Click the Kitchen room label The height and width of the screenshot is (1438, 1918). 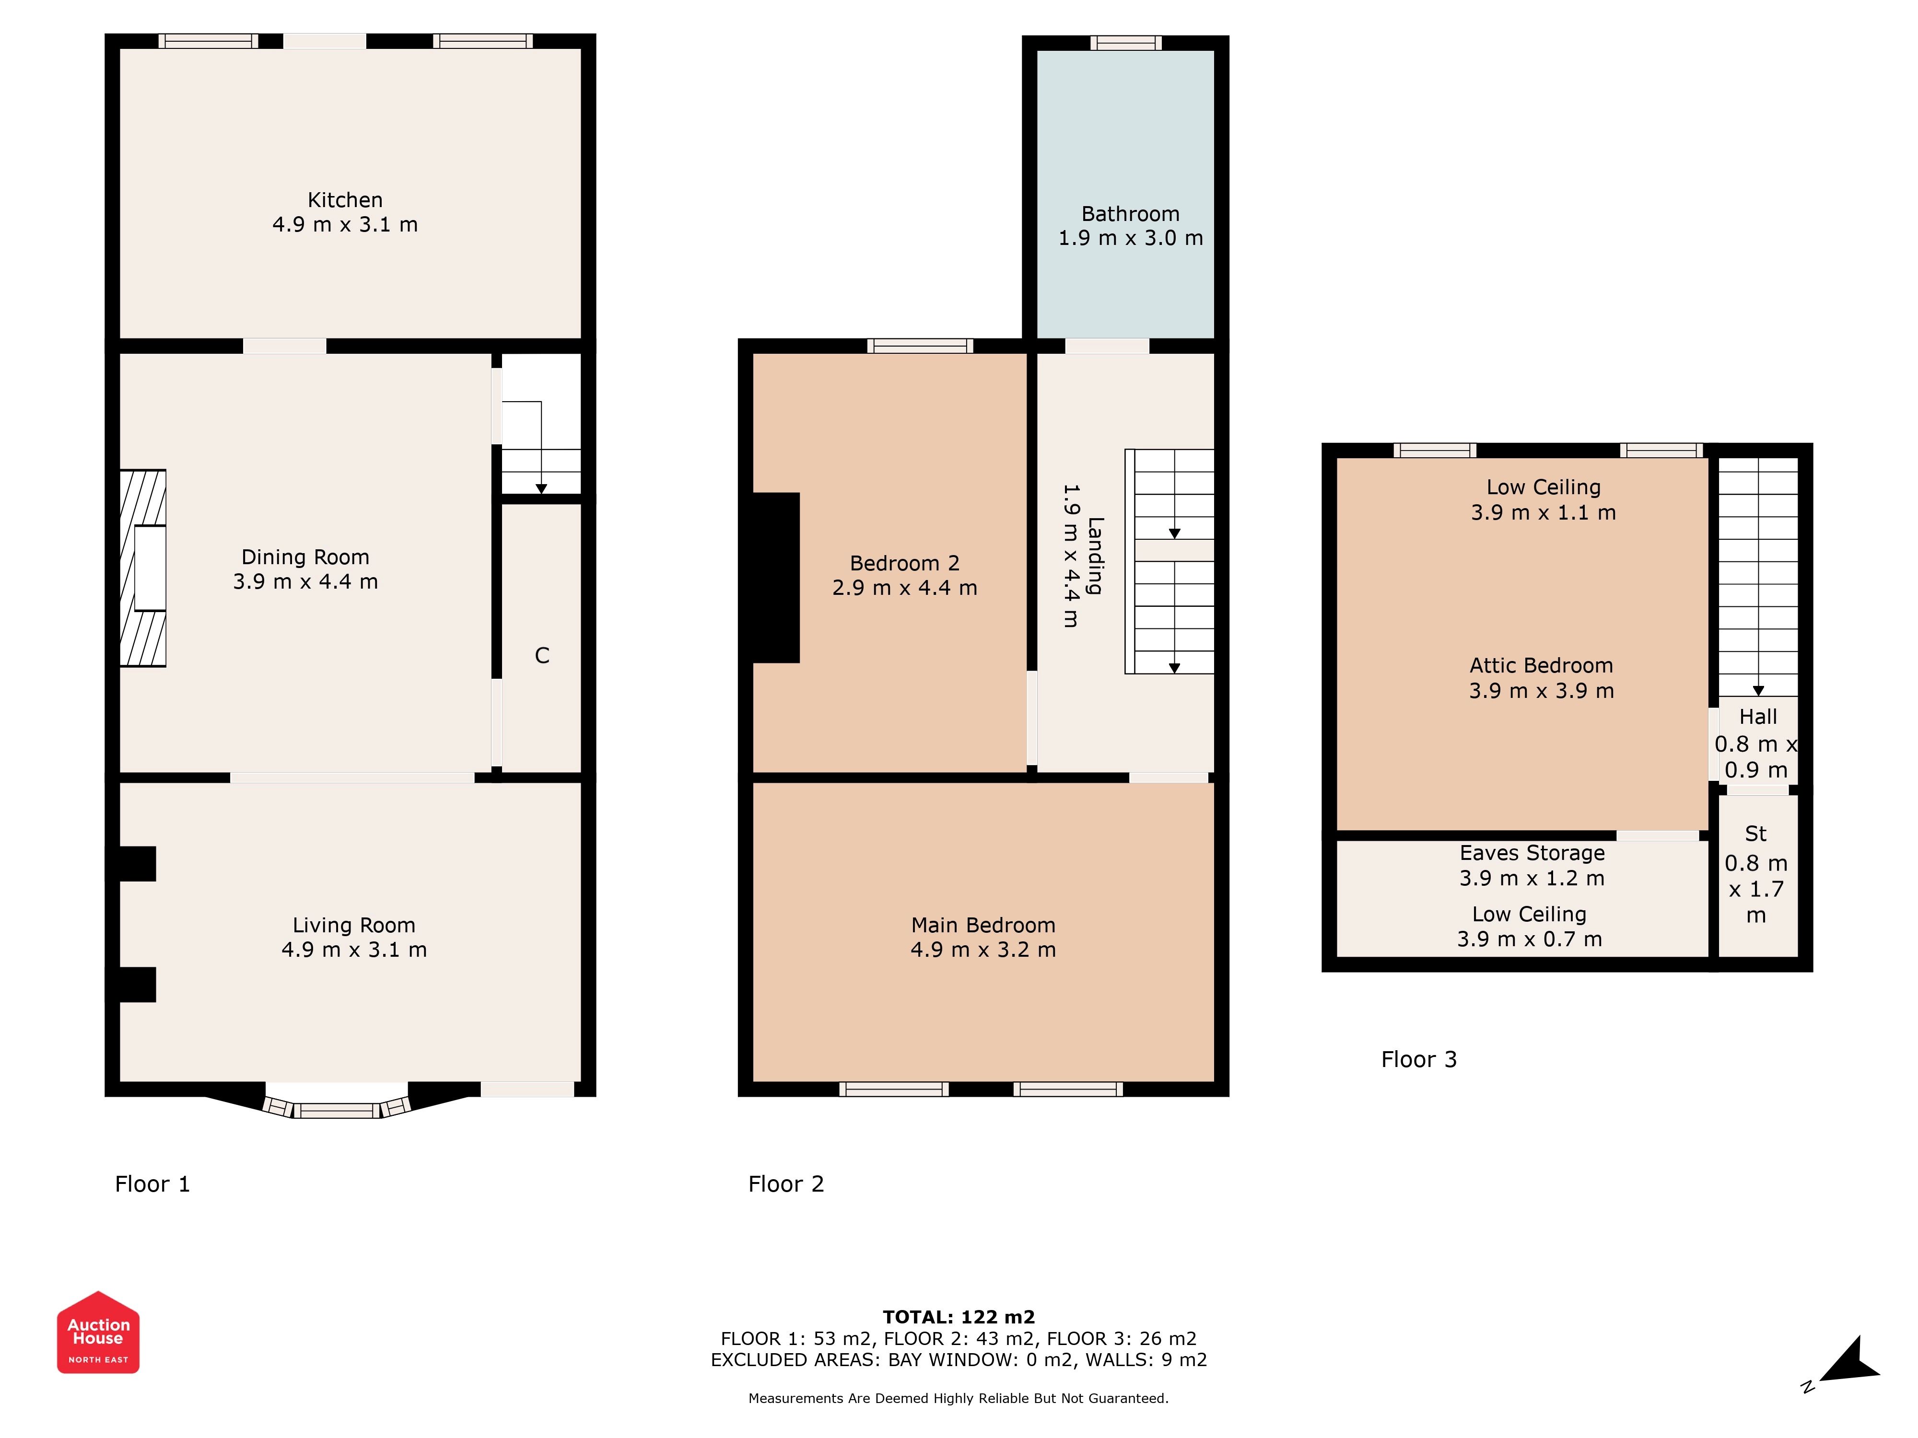click(345, 200)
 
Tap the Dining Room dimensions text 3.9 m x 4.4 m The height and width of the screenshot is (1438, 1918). click(305, 581)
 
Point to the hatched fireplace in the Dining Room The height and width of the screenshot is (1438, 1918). click(142, 568)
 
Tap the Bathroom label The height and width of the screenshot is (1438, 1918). click(1131, 214)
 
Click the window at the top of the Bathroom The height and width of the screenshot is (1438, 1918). click(1125, 43)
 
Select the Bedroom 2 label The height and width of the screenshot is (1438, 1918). click(904, 563)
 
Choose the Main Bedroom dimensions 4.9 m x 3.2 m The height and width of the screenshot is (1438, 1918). click(983, 950)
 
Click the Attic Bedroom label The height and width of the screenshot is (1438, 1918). click(1542, 666)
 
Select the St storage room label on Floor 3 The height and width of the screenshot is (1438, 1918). click(1756, 834)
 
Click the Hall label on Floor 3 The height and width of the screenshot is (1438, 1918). click(1758, 717)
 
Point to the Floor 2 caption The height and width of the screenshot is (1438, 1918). click(786, 1184)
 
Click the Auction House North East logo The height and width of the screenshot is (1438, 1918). click(98, 1332)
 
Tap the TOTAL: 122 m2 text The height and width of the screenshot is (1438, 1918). click(959, 1318)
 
